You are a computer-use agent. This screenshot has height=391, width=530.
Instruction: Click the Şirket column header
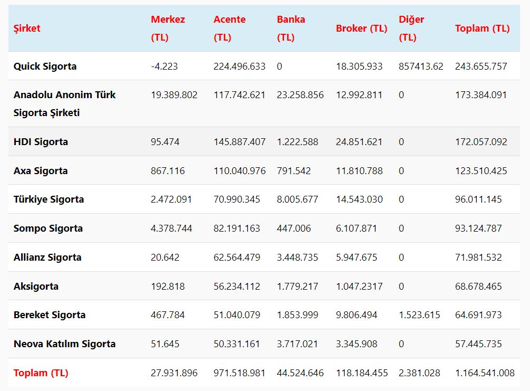point(27,28)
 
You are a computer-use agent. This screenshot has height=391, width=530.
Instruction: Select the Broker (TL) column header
point(361,28)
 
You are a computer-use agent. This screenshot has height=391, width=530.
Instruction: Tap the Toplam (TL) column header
point(482,28)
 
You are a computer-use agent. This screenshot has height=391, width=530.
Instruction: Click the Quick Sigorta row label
point(45,66)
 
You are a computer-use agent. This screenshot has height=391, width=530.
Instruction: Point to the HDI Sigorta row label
point(41,142)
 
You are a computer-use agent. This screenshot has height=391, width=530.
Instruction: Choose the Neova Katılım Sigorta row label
point(64,344)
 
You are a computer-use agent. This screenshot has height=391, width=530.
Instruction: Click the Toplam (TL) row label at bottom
point(41,373)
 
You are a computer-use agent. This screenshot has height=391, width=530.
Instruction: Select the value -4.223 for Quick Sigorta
point(164,66)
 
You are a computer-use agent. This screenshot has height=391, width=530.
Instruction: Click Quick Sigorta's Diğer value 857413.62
point(421,66)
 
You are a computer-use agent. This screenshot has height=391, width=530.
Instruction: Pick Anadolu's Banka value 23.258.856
point(300,95)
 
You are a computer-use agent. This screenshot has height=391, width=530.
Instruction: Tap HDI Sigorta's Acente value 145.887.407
point(239,142)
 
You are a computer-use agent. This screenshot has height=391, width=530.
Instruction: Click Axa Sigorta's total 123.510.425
point(481,171)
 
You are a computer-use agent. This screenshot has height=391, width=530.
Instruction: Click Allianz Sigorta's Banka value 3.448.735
point(297,258)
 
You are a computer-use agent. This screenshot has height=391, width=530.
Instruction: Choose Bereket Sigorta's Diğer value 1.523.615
point(419,315)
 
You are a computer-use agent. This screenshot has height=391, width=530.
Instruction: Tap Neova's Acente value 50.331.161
point(237,344)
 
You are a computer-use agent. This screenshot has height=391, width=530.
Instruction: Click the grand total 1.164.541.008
point(485,373)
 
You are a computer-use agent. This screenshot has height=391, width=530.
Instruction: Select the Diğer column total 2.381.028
point(419,373)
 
